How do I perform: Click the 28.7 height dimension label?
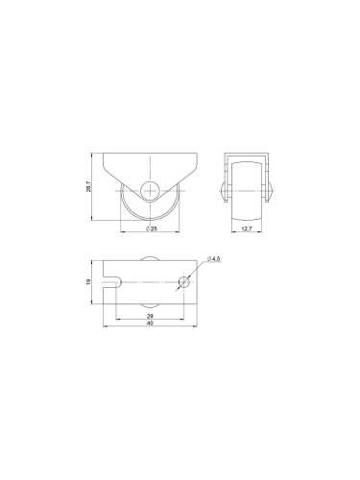tap(89, 186)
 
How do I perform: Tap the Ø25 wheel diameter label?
tap(151, 228)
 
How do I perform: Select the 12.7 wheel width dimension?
tap(247, 228)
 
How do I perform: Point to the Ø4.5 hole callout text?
tap(214, 259)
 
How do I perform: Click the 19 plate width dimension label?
tap(89, 281)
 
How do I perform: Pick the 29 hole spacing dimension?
tap(150, 316)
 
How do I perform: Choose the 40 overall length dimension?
tap(150, 324)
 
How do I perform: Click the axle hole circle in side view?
tap(149, 190)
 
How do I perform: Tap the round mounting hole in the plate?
tap(184, 282)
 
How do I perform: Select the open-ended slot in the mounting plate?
tap(112, 282)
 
